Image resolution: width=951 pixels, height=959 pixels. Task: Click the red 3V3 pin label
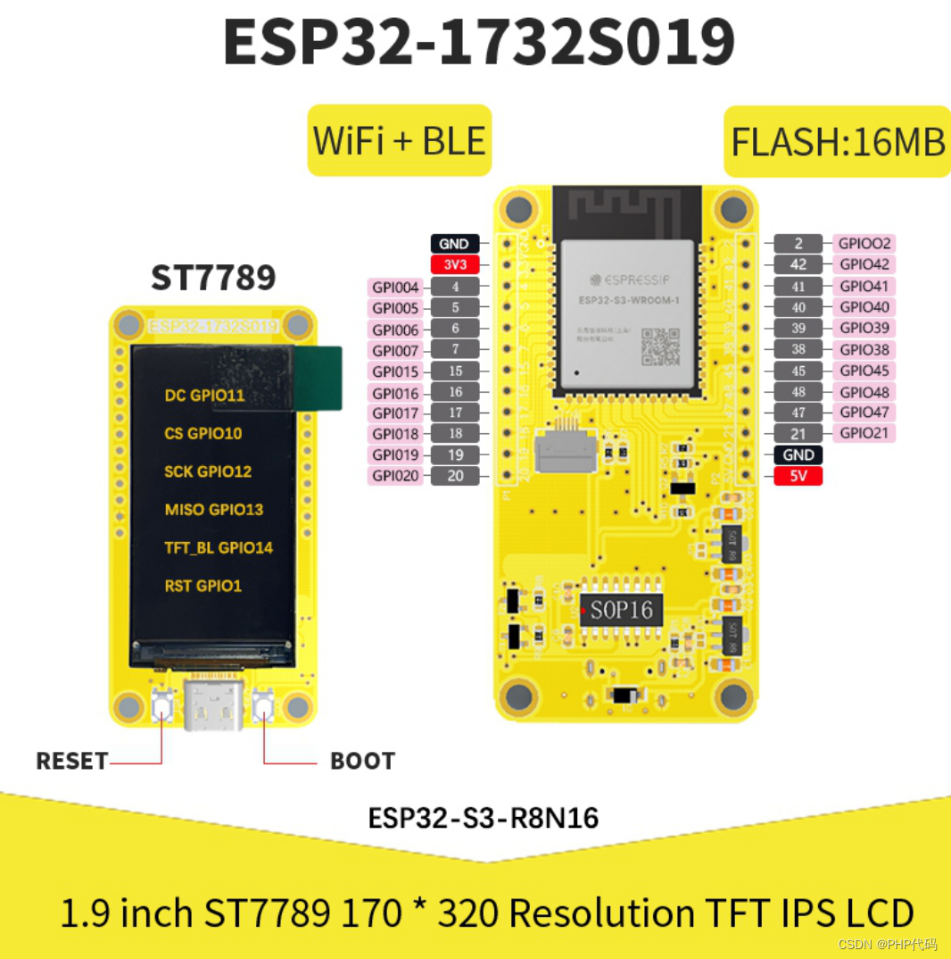455,264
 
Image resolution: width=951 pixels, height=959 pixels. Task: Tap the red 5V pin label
798,476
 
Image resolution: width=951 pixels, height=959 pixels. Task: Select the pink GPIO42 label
864,264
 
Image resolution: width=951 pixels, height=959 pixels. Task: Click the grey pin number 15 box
455,371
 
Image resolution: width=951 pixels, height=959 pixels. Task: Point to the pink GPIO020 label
396,476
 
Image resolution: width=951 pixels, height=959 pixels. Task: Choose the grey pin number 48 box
798,392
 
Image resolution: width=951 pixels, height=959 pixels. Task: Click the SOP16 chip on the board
622,611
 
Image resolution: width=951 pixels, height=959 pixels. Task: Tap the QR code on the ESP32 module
660,346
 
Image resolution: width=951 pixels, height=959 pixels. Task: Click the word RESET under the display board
71,762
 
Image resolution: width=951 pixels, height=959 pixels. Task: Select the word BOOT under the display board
362,762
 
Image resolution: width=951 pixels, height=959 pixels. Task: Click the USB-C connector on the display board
213,705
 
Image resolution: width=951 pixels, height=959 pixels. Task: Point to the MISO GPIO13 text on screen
214,510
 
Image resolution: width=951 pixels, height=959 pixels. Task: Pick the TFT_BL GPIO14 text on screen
219,548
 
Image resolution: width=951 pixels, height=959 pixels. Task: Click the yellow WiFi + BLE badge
399,141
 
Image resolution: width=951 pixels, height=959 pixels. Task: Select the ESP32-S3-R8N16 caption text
483,818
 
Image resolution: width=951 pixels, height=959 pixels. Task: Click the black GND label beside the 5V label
798,454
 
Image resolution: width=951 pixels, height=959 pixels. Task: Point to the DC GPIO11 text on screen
204,396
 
